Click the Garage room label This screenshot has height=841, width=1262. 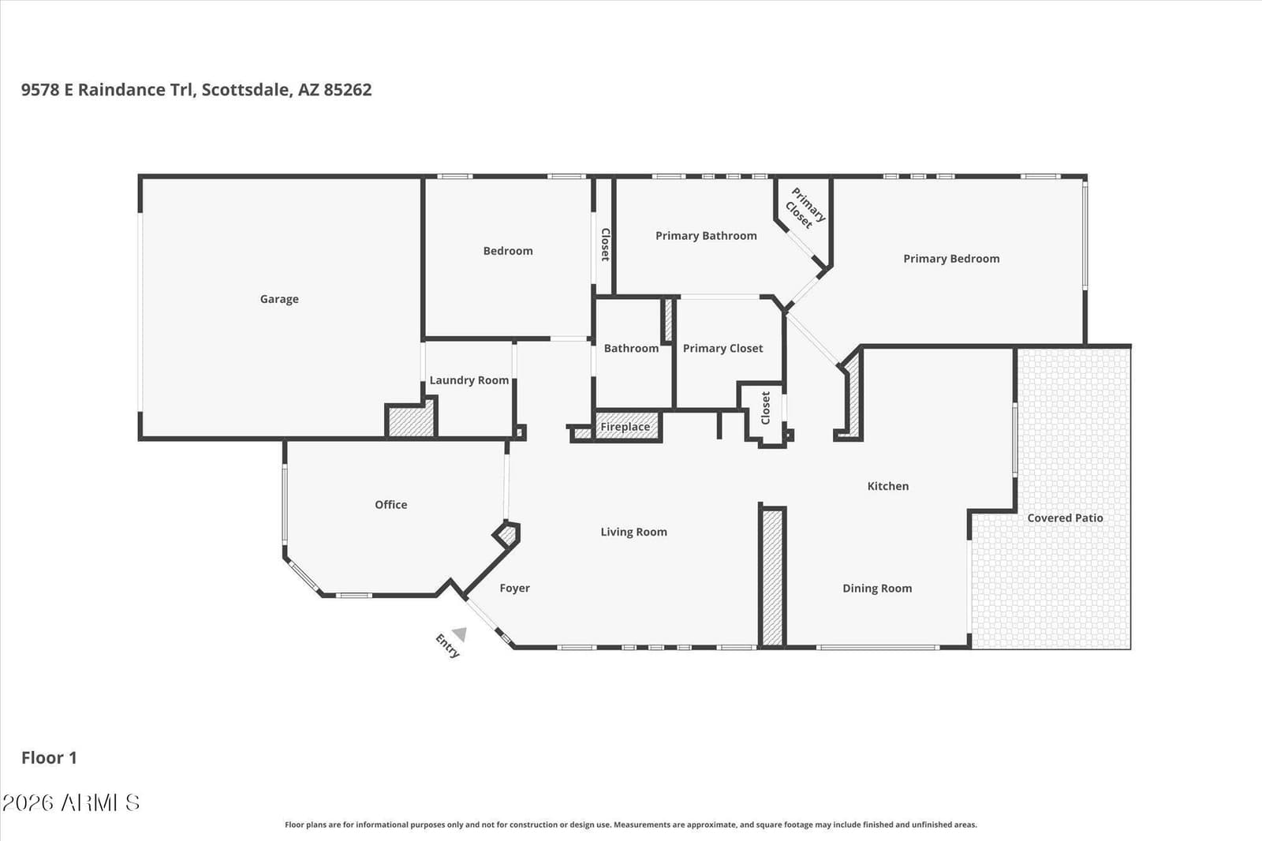[x=279, y=299]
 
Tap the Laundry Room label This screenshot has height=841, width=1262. [x=469, y=380]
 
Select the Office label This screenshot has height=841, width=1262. [x=391, y=504]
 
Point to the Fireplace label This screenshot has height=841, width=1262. [x=625, y=427]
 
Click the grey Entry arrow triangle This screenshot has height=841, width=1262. [x=460, y=634]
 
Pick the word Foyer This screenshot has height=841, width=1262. [x=514, y=589]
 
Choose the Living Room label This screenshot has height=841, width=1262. [x=633, y=532]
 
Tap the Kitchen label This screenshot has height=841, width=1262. [x=887, y=486]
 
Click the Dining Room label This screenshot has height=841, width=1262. [x=876, y=589]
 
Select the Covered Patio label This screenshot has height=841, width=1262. [x=1065, y=518]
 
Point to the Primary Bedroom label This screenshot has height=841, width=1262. [x=951, y=259]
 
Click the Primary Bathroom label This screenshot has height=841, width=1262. [x=706, y=236]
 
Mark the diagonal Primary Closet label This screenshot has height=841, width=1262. [x=805, y=208]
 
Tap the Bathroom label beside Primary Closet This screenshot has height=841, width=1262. [x=631, y=349]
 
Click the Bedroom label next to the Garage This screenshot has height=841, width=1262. [x=508, y=251]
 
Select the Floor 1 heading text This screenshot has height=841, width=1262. [x=49, y=757]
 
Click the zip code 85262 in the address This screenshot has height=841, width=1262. [x=347, y=90]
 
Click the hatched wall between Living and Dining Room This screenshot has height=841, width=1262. [x=772, y=577]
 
